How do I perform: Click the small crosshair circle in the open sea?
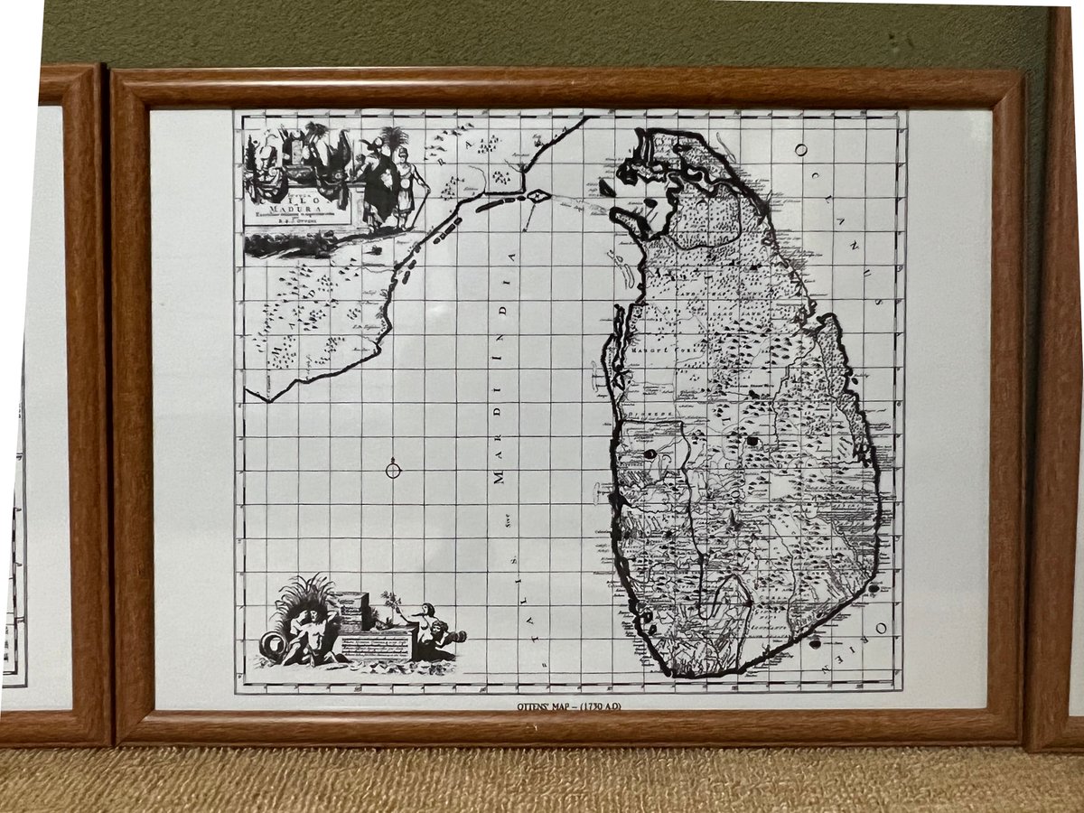click(393, 469)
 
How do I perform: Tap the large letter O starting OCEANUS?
click(801, 151)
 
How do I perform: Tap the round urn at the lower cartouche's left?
click(272, 644)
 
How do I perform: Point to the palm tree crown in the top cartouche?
click(394, 138)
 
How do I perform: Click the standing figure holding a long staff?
click(412, 185)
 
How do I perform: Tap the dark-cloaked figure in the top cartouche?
click(377, 181)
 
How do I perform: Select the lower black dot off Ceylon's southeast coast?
click(817, 644)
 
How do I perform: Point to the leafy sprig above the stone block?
click(389, 600)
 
